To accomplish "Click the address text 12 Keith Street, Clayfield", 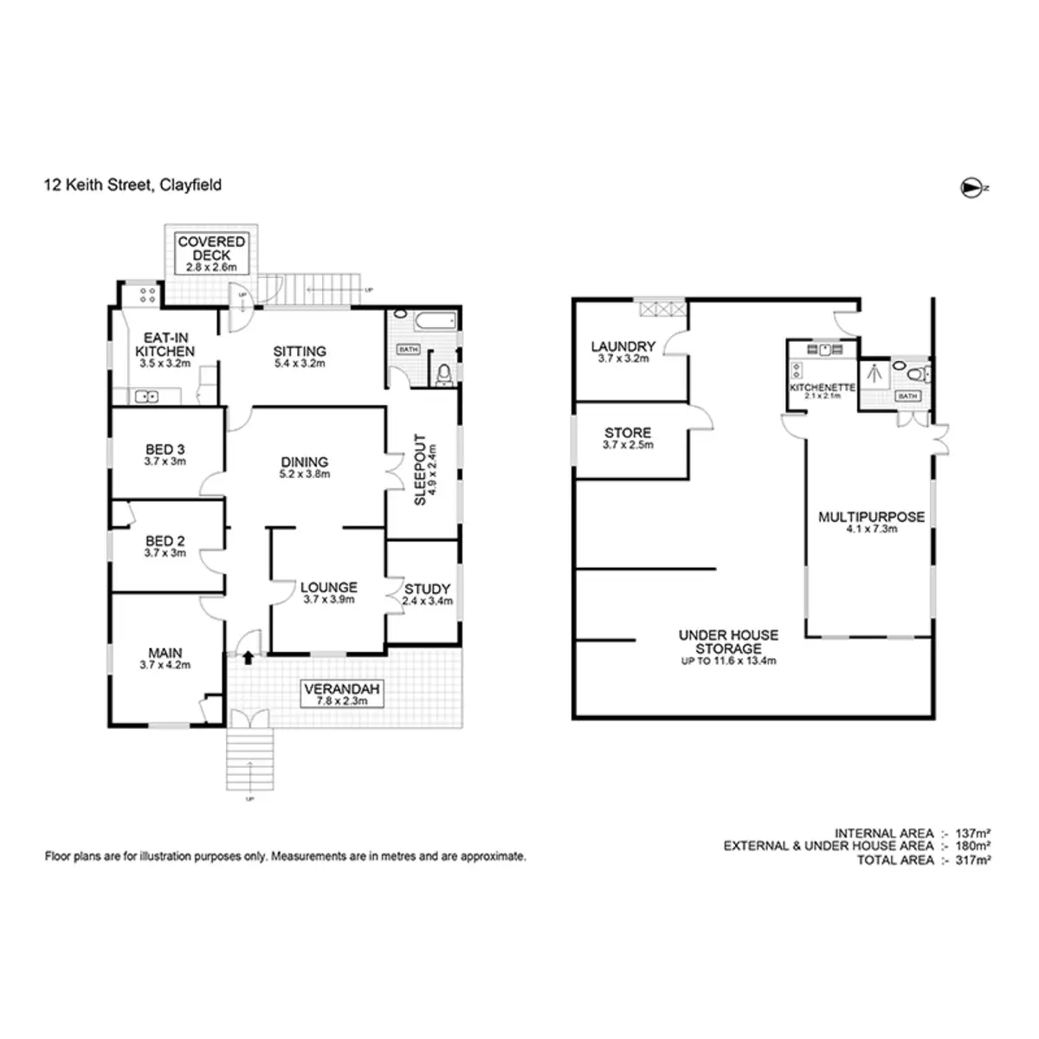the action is (x=133, y=184).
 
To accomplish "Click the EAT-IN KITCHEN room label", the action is (x=165, y=345).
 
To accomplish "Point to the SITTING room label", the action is (x=300, y=352).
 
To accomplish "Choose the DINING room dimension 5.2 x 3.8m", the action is (x=304, y=474).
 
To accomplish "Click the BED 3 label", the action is (x=165, y=449).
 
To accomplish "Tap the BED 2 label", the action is (x=165, y=541).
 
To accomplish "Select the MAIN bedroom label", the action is (x=165, y=653).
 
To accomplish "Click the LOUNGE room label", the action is (x=329, y=587).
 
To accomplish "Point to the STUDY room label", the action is (x=428, y=589).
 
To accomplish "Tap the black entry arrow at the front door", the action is (x=248, y=657).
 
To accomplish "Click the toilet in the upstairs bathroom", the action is (x=444, y=373).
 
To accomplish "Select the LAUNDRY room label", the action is (x=623, y=346).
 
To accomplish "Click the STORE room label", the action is (x=628, y=432).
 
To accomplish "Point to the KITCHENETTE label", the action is (x=823, y=387).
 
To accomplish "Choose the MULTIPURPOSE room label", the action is (x=871, y=517).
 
